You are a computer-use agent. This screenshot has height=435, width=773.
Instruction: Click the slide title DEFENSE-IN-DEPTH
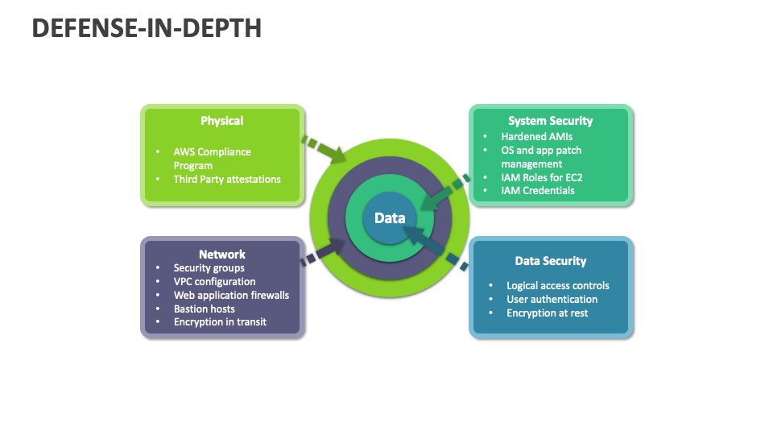coord(147,28)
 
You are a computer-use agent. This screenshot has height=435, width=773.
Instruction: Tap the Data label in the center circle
coord(390,217)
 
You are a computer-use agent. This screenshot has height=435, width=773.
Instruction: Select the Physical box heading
coord(221,121)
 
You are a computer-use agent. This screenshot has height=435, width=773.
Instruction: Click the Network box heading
coord(222,254)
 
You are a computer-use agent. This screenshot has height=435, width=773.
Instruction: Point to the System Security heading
coord(550,121)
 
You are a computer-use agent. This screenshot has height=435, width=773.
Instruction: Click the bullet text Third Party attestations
coord(227,179)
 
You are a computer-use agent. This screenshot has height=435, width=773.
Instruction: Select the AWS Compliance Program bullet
coord(212,158)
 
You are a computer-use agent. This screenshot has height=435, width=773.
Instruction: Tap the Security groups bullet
coord(209,267)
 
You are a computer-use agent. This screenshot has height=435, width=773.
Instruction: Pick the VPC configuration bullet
coord(214,281)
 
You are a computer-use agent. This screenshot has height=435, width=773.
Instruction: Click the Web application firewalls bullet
coord(231,295)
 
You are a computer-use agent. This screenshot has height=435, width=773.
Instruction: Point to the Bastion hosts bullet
coord(205,309)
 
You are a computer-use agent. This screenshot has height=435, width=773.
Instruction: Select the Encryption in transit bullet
coord(220,322)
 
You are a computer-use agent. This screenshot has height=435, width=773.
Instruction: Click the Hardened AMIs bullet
coord(536,137)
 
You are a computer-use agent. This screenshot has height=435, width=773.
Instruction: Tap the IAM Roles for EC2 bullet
coord(540,177)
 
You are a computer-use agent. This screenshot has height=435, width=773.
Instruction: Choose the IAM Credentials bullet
coord(538,191)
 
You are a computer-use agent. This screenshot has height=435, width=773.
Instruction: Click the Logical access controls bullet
coord(558,285)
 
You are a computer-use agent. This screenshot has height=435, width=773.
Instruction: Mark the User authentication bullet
coord(552,299)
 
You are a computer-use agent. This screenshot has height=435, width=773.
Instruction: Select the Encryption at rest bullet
coord(548,313)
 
